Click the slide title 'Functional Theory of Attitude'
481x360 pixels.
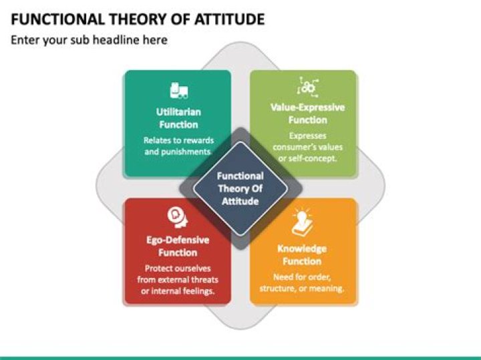click(138, 18)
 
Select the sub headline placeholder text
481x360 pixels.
click(88, 41)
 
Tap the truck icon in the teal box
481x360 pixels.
click(178, 90)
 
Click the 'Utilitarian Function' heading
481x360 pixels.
click(178, 118)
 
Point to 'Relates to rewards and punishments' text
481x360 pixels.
click(178, 146)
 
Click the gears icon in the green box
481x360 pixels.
click(307, 86)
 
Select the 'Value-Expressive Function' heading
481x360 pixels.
click(307, 113)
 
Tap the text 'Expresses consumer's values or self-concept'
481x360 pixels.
click(307, 146)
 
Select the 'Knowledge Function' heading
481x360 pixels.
click(302, 254)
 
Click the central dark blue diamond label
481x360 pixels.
click(240, 188)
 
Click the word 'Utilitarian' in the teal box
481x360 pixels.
click(178, 112)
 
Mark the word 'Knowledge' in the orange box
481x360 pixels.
click(302, 248)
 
